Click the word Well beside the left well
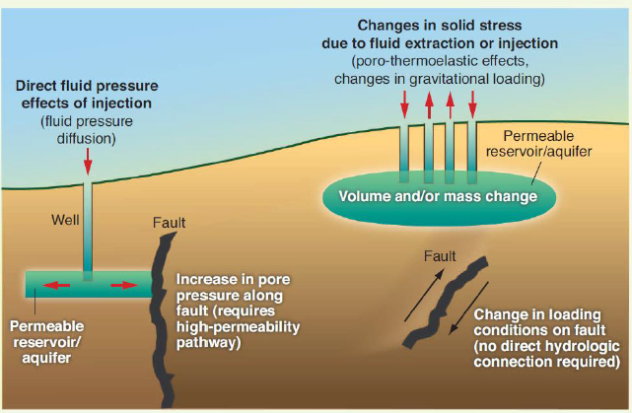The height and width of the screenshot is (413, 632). click(65, 219)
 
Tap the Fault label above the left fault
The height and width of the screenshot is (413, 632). click(169, 222)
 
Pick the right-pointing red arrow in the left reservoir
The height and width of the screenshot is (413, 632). click(123, 286)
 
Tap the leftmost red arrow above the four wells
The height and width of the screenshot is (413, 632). click(404, 103)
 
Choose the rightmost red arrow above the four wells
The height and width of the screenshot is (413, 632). click(472, 103)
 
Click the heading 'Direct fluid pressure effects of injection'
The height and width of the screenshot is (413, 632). click(86, 94)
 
